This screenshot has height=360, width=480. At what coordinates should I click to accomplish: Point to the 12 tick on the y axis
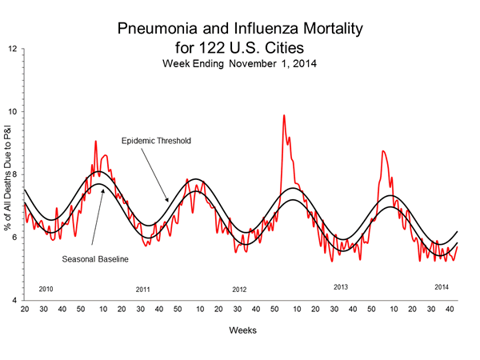click(x=14, y=49)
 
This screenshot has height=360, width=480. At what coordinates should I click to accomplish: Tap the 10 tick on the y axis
click(x=14, y=111)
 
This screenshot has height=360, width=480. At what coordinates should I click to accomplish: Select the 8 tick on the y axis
click(x=14, y=174)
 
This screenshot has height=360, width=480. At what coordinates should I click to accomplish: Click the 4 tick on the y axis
click(x=14, y=300)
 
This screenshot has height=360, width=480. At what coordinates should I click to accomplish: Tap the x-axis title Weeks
click(x=240, y=330)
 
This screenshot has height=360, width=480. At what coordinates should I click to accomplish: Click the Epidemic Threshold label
click(x=156, y=141)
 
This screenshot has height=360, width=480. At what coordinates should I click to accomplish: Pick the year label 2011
click(x=143, y=288)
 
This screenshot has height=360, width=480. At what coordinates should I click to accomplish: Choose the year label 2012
click(x=240, y=288)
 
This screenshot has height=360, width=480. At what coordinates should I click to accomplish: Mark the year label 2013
click(x=341, y=286)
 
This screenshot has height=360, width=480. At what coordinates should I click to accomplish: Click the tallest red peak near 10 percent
click(x=284, y=116)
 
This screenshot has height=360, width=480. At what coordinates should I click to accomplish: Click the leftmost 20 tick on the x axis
click(x=25, y=309)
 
